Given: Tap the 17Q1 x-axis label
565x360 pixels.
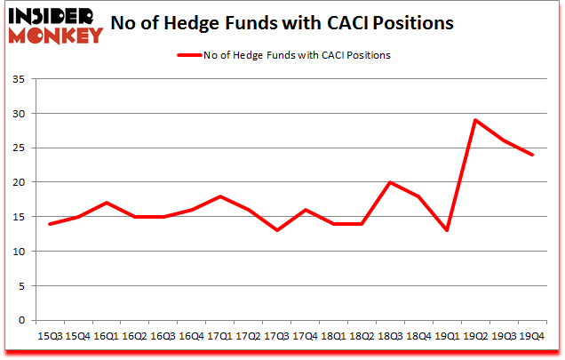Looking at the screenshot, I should tap(219, 336).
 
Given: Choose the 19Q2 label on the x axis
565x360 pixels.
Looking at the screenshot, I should tap(475, 336).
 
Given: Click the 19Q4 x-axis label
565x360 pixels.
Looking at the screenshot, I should tap(532, 336).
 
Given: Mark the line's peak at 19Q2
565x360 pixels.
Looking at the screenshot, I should tap(475, 121).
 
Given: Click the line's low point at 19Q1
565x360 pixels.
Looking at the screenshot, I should tap(447, 231).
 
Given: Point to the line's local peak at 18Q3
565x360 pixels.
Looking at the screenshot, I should tap(390, 183).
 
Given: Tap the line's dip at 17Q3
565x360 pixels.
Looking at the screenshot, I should tap(276, 231).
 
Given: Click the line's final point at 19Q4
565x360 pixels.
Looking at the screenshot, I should tap(532, 156).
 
